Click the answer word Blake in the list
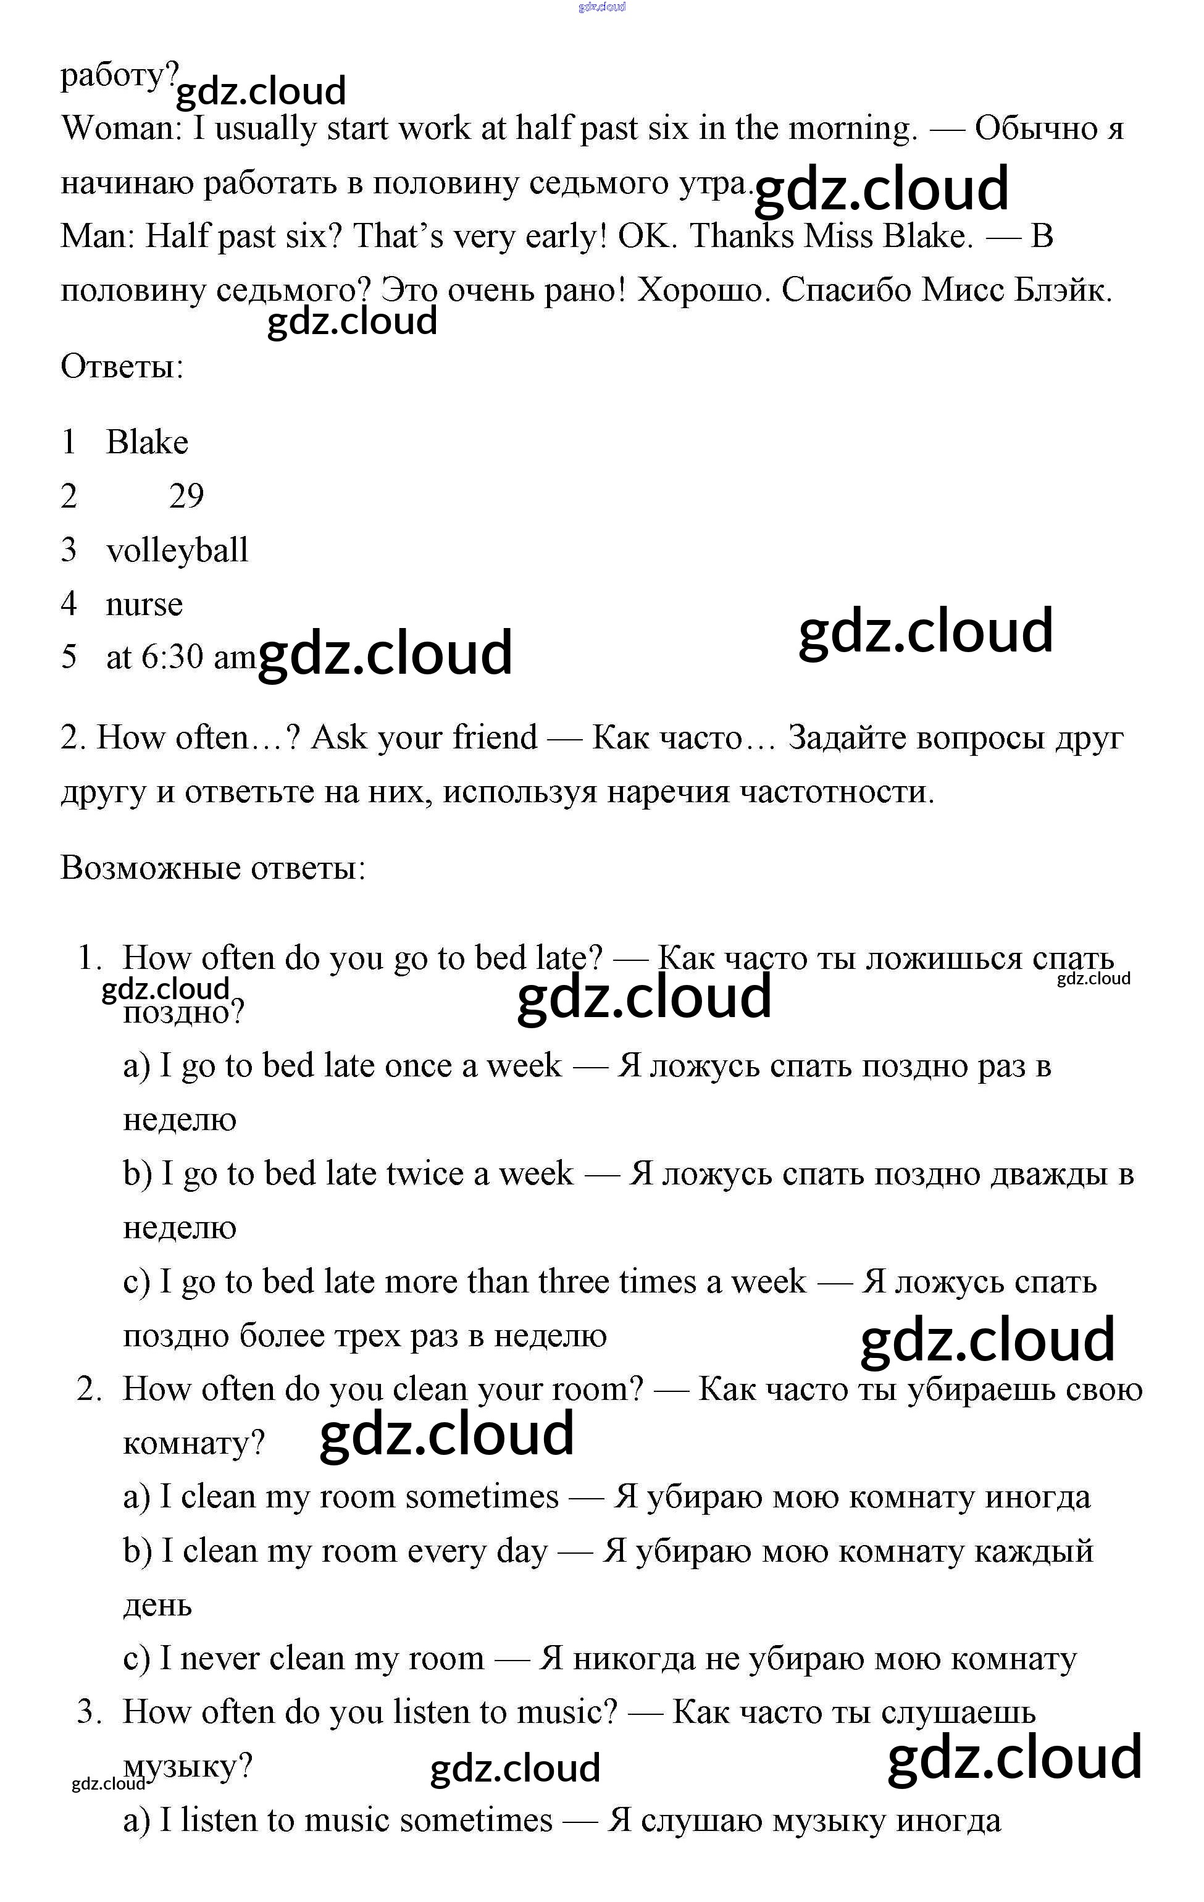point(147,442)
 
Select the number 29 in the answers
point(186,496)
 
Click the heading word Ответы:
point(122,366)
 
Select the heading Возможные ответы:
point(213,868)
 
